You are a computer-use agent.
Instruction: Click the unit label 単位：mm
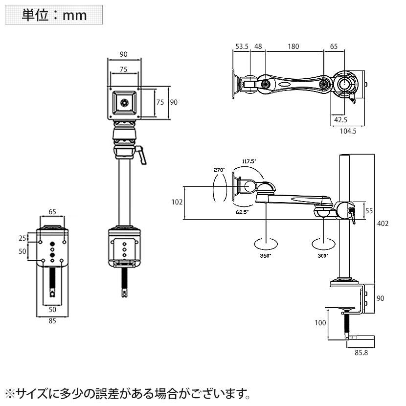click(54, 15)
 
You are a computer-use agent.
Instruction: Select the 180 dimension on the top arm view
click(293, 46)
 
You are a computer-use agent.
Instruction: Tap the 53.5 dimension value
click(242, 46)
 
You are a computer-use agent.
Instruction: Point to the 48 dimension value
click(258, 46)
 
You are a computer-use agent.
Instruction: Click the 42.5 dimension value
click(340, 119)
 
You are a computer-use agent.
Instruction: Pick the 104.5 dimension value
click(348, 131)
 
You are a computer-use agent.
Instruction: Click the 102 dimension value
click(177, 202)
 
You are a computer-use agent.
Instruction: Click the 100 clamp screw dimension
click(320, 323)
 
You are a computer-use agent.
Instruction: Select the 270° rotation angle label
click(219, 170)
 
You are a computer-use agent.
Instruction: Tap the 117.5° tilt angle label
click(249, 161)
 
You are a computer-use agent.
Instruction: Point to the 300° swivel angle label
click(323, 255)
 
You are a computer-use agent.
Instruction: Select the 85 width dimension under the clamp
click(52, 321)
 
